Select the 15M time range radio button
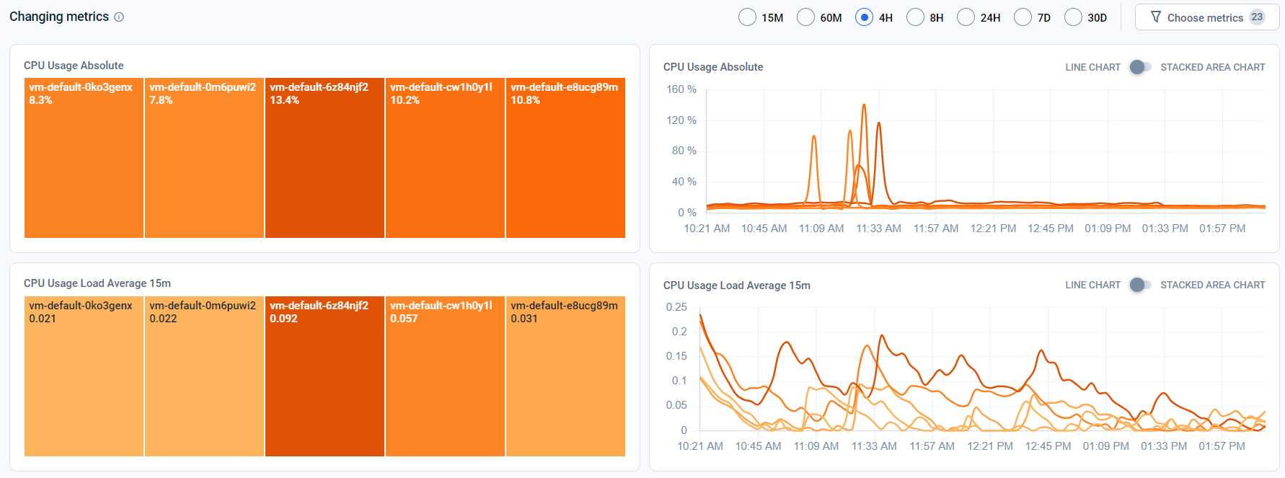click(747, 17)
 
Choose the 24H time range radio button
click(966, 17)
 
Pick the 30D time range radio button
click(1073, 17)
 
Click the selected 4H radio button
click(864, 17)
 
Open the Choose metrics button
click(1207, 17)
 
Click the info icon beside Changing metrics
click(119, 17)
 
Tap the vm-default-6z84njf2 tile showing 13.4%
click(324, 158)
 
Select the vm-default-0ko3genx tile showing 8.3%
click(84, 158)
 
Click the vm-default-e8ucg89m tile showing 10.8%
click(565, 158)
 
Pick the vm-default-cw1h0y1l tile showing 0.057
click(445, 376)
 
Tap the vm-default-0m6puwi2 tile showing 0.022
click(204, 376)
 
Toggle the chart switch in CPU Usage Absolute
click(1140, 67)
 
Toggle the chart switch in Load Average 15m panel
click(1140, 285)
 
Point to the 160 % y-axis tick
click(681, 89)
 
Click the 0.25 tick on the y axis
click(676, 307)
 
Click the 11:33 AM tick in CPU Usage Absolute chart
click(878, 229)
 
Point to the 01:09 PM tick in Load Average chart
click(1105, 446)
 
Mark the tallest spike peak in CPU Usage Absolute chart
click(864, 105)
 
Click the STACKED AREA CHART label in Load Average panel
click(1213, 285)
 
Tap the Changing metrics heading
click(59, 17)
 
